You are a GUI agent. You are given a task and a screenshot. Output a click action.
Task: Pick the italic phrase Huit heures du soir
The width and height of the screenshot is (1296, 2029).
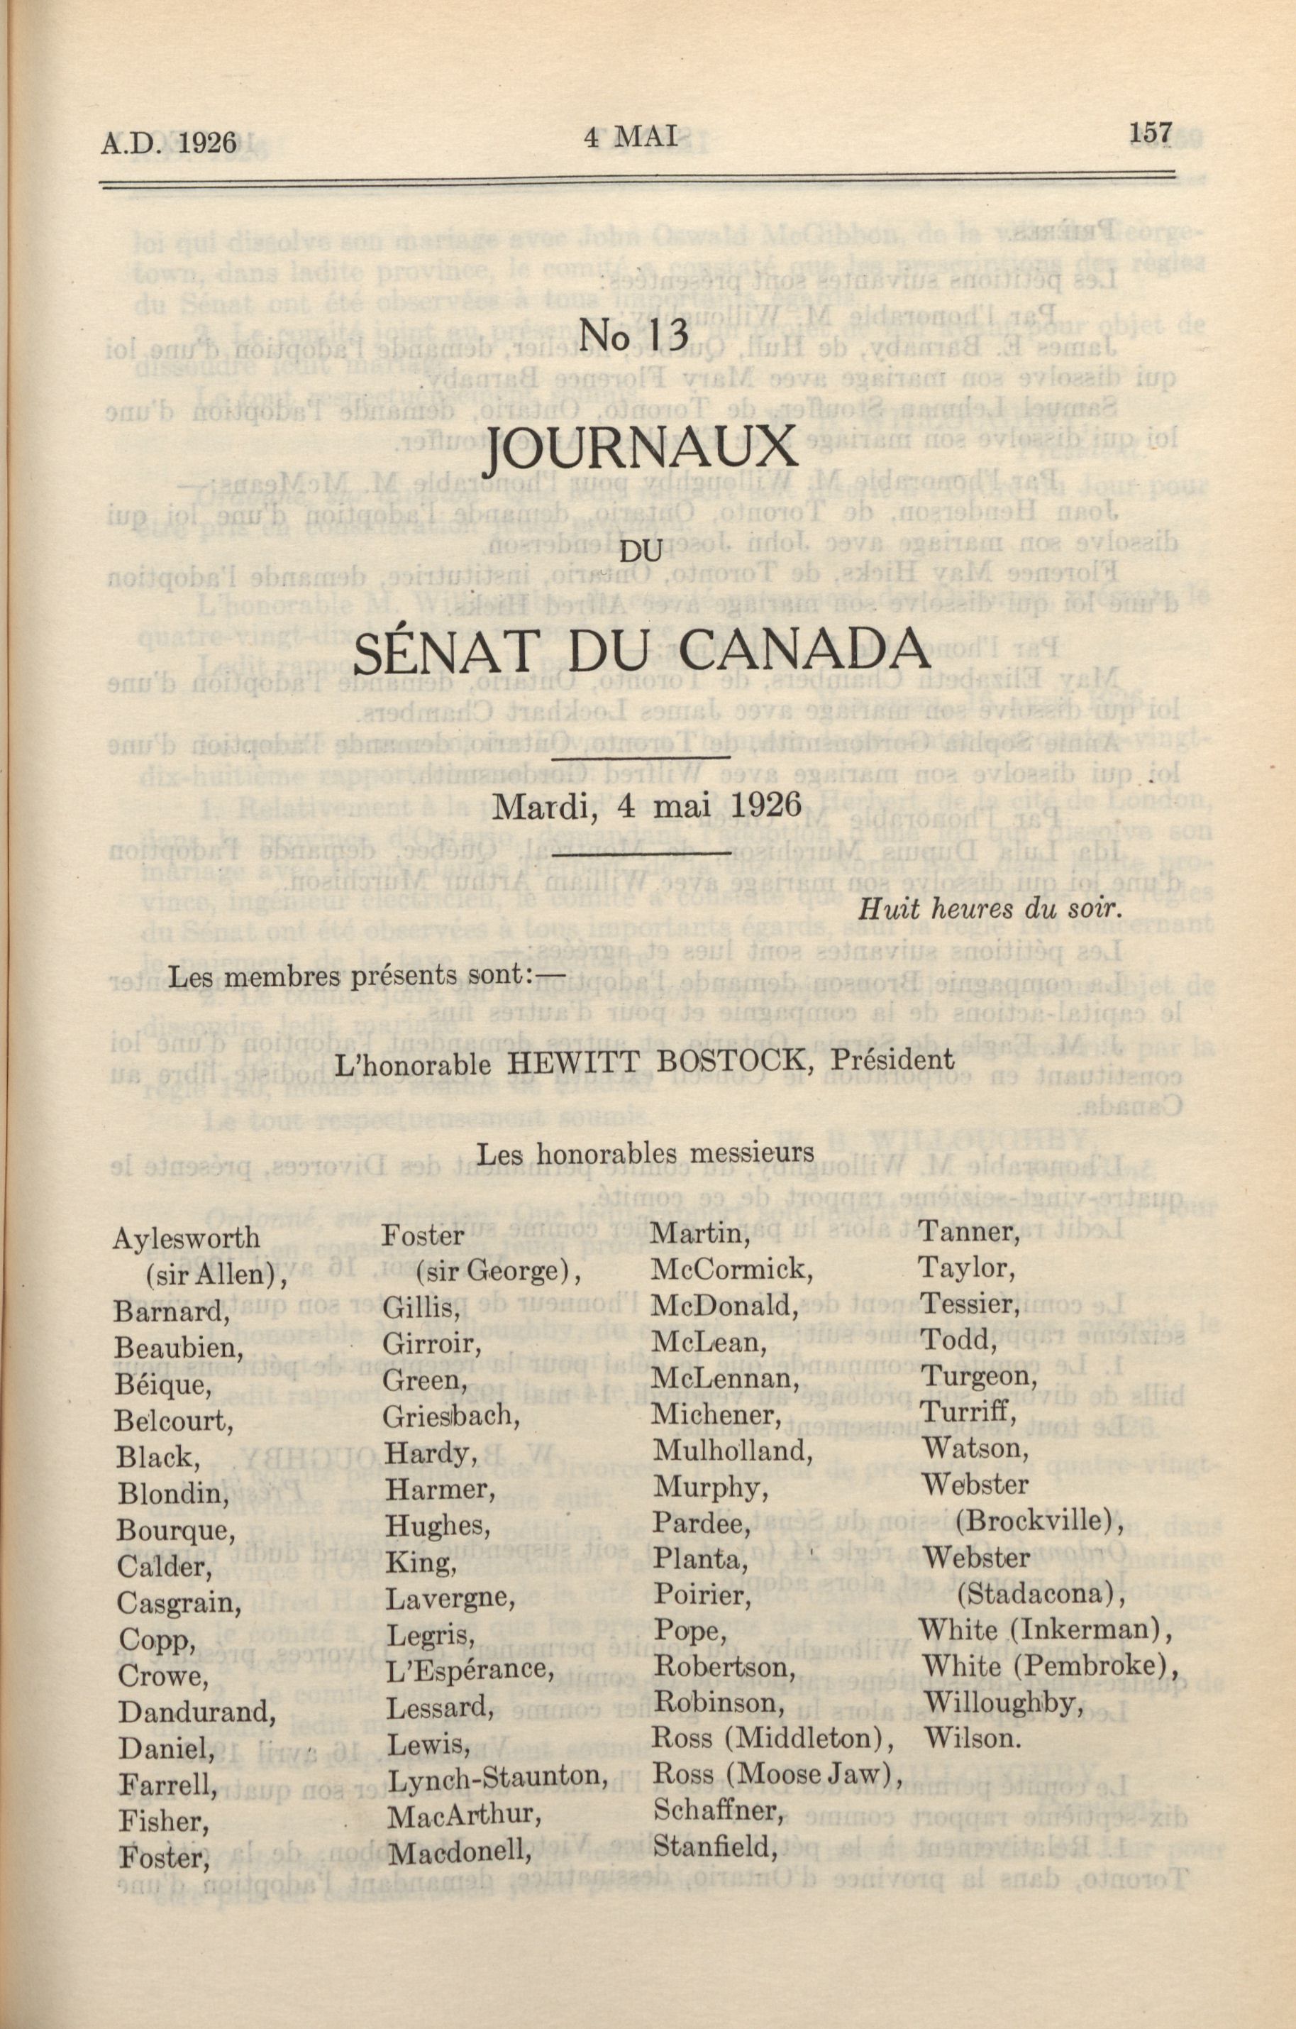pyautogui.click(x=989, y=909)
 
